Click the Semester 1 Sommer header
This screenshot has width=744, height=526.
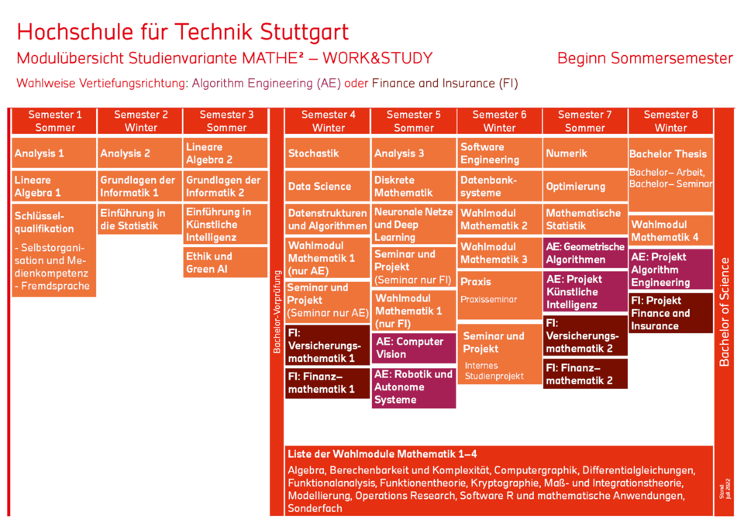point(54,121)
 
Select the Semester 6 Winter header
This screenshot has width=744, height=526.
point(499,121)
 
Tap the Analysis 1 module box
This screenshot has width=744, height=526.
point(54,153)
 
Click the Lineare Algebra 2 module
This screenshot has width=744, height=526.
point(226,153)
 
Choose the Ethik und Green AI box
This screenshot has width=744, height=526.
point(226,263)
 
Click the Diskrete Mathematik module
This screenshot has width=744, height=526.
point(414,186)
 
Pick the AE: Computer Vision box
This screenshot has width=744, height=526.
point(414,348)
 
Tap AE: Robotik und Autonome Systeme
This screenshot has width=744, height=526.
point(414,387)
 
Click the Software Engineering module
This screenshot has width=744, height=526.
point(499,153)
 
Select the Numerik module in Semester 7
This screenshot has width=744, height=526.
point(585,153)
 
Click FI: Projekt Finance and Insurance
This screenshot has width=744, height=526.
point(670,313)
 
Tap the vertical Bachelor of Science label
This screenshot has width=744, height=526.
point(725,310)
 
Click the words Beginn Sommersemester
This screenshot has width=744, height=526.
point(645,59)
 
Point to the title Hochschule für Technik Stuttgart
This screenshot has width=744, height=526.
point(183,33)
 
